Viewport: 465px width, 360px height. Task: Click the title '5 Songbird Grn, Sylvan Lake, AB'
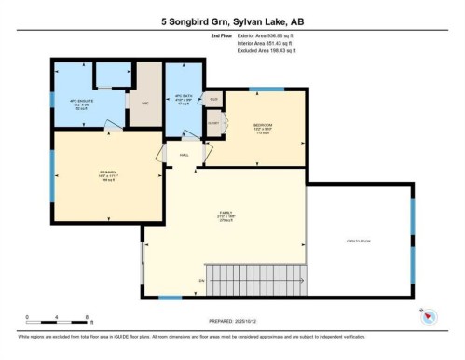coord(232,21)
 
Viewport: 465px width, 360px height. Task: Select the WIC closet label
coord(144,103)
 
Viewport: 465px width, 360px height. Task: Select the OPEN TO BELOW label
coord(359,241)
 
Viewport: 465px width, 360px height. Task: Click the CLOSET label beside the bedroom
coord(213,123)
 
